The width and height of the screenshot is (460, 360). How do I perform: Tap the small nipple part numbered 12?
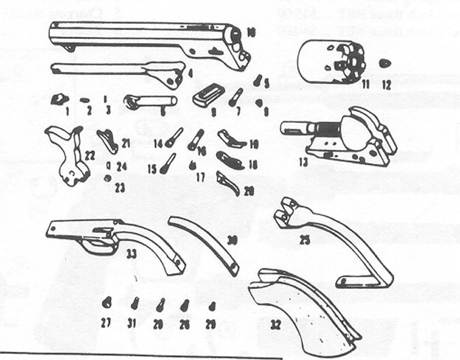385,64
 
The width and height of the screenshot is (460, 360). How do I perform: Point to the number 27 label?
106,323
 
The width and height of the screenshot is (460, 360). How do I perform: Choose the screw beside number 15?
169,163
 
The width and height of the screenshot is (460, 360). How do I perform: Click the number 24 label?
121,166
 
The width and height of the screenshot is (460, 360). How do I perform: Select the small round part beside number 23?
107,178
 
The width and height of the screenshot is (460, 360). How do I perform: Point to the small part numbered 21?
107,138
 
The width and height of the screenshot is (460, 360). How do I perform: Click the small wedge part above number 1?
59,99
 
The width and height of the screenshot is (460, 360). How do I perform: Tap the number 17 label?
200,176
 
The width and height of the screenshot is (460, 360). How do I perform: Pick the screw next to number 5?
258,81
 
